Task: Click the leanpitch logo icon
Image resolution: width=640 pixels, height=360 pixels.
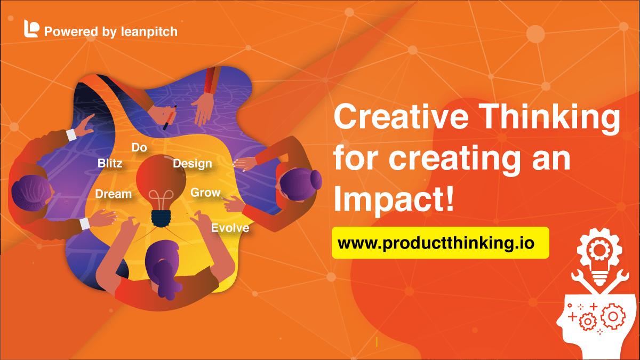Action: [x=31, y=29]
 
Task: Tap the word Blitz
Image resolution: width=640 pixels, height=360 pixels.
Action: [x=110, y=163]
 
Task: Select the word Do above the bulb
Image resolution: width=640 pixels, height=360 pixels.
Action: [x=139, y=148]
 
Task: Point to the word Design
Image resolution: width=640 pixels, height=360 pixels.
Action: [x=193, y=164]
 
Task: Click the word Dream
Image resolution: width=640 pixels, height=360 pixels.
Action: [x=113, y=194]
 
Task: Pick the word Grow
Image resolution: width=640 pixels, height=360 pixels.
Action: [x=205, y=193]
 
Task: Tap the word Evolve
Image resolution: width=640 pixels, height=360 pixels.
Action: [x=230, y=228]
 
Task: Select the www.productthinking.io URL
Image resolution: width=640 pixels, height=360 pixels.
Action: [x=440, y=243]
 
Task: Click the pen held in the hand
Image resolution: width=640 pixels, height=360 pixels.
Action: [x=170, y=118]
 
